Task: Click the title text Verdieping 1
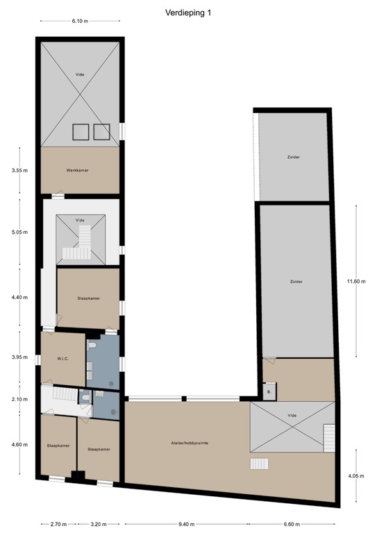click(188, 12)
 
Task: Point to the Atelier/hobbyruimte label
click(187, 442)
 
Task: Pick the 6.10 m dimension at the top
click(81, 21)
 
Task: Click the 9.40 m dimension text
click(187, 524)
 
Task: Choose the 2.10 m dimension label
click(20, 399)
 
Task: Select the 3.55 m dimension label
click(20, 170)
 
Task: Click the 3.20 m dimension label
click(99, 524)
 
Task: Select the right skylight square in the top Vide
click(101, 131)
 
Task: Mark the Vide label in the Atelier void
click(292, 414)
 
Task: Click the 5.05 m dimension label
click(20, 234)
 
